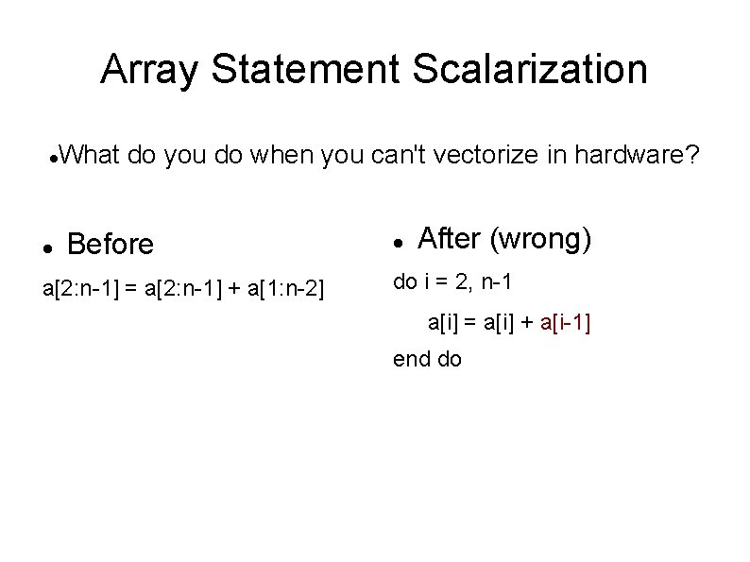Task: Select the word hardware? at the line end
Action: click(642, 155)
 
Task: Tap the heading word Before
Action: click(111, 245)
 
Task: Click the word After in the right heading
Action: click(449, 240)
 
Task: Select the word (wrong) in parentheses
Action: click(540, 240)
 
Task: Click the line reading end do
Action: click(427, 359)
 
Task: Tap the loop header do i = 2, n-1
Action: click(452, 281)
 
